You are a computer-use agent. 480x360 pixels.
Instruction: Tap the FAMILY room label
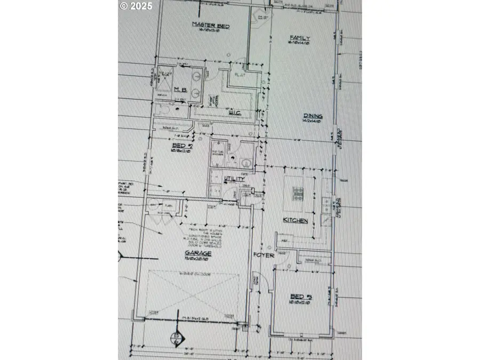tap(300, 38)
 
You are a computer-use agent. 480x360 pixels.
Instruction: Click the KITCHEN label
tap(295, 220)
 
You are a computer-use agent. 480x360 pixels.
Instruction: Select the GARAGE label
tap(199, 253)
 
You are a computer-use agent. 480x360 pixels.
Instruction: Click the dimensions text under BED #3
tap(300, 302)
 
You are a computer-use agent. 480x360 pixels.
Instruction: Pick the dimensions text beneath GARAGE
tap(198, 259)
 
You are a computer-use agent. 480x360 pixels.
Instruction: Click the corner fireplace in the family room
tap(262, 18)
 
